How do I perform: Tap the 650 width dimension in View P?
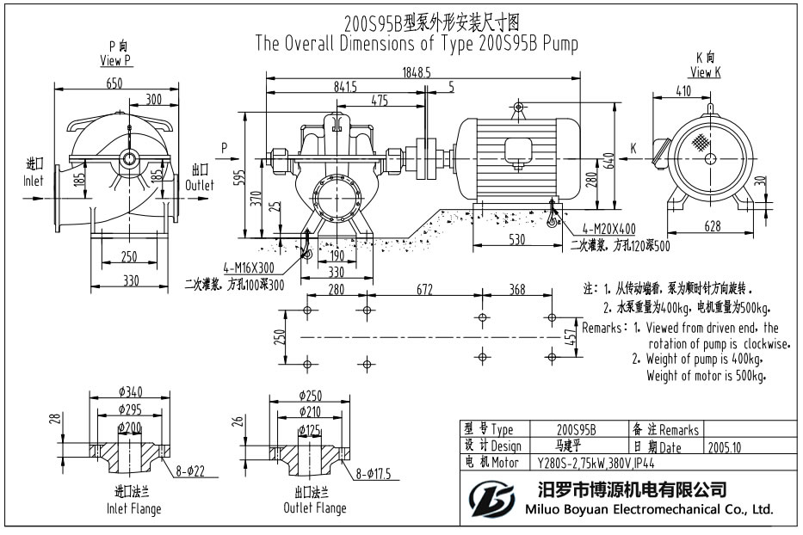pos(115,83)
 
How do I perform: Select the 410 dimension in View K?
pos(683,91)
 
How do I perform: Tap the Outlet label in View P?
pos(200,185)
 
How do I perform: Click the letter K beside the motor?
pos(633,149)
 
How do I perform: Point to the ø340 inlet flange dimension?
pos(129,393)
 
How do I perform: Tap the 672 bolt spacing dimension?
pos(424,291)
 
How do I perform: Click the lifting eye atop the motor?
pos(517,108)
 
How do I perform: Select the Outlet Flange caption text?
pos(315,508)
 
